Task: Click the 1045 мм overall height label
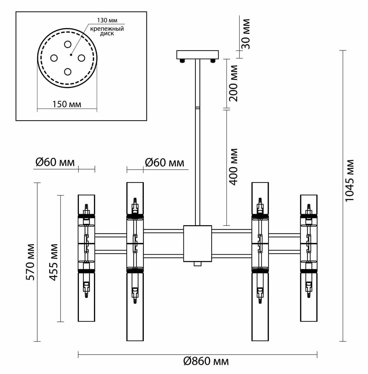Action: [350, 180]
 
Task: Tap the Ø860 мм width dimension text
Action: [206, 361]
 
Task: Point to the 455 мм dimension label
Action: [54, 262]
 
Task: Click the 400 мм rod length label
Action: [233, 166]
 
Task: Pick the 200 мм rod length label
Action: [233, 83]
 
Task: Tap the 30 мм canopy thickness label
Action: [246, 34]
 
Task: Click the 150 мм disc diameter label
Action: [67, 104]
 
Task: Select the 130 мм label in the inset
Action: [107, 20]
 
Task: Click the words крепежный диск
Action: [107, 31]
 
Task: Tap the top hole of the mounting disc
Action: [68, 44]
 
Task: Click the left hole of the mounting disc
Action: [54, 58]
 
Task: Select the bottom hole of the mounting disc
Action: [68, 72]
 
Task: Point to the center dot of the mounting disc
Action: [71, 55]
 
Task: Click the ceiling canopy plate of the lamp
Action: [197, 55]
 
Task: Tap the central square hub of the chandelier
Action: [198, 243]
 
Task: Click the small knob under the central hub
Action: [197, 264]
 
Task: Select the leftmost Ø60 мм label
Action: [55, 162]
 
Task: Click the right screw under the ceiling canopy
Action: [213, 61]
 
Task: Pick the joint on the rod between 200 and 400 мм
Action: [197, 108]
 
